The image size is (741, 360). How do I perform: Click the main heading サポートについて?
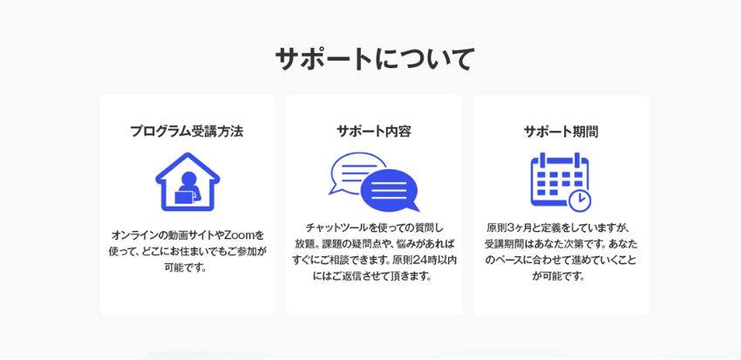pyautogui.click(x=374, y=59)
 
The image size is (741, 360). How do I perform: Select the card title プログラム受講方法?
pyautogui.click(x=187, y=132)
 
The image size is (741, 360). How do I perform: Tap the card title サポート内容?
pyautogui.click(x=374, y=132)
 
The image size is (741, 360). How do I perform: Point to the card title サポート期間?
pyautogui.click(x=561, y=132)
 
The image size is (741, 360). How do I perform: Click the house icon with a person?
pyautogui.click(x=187, y=181)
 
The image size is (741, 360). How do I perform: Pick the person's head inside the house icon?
pyautogui.click(x=188, y=179)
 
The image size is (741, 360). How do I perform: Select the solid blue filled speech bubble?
pyautogui.click(x=390, y=190)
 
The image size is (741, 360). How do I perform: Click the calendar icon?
pyautogui.click(x=561, y=181)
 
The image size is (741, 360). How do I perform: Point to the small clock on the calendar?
pyautogui.click(x=580, y=200)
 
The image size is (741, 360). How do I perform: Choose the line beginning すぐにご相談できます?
pyautogui.click(x=374, y=260)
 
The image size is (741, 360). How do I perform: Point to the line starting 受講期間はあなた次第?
pyautogui.click(x=561, y=245)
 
